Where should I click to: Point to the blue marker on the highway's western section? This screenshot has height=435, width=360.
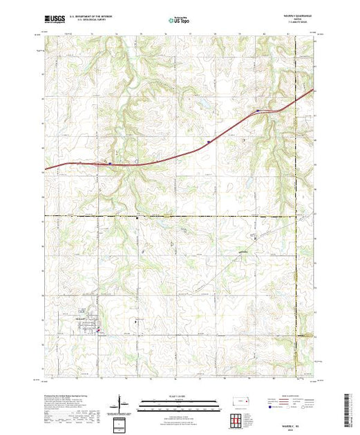(x=110, y=163)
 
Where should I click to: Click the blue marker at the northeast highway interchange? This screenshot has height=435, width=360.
(x=257, y=110)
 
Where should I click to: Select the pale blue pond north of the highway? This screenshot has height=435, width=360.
(x=204, y=105)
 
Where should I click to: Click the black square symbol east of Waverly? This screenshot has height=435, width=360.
(x=136, y=322)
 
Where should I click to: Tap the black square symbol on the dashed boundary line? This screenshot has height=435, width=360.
(x=138, y=217)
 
